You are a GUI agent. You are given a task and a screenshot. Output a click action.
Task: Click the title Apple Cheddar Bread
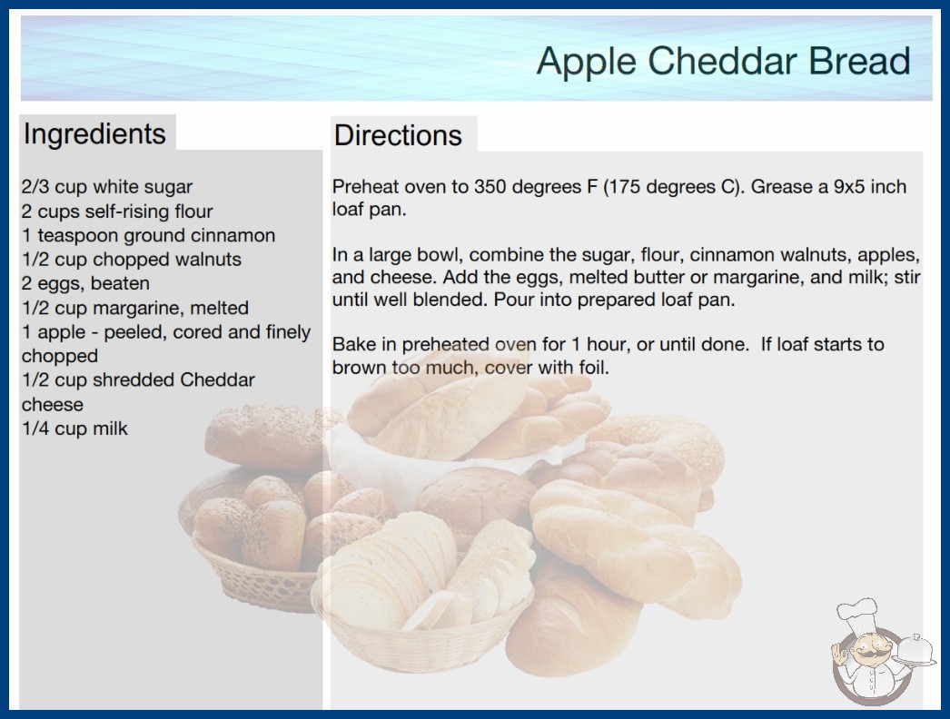click(724, 62)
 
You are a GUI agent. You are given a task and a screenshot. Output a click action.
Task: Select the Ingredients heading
click(94, 134)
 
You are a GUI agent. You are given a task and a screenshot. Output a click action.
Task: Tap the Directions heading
click(398, 135)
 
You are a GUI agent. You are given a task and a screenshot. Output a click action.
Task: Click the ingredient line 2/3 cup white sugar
click(107, 187)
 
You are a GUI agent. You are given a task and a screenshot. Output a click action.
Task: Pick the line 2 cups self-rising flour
click(117, 212)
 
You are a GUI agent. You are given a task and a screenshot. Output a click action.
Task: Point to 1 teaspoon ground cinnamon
click(148, 236)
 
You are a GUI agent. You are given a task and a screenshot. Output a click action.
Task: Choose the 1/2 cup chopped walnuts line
click(132, 260)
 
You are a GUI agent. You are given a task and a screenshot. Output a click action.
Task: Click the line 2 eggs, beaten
click(86, 284)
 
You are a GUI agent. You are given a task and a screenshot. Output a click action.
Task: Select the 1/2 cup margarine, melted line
click(135, 309)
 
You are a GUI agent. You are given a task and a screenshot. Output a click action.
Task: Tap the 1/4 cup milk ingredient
click(75, 428)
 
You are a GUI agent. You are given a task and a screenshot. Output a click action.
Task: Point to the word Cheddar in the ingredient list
click(217, 380)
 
